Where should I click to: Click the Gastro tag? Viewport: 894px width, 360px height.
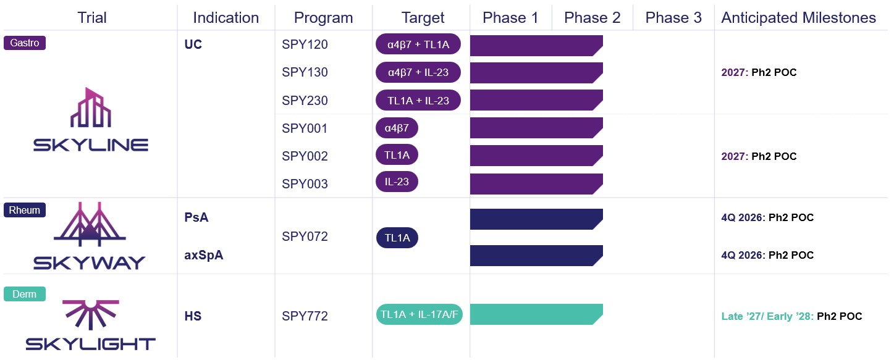[25, 43]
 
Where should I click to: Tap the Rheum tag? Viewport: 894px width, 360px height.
[25, 210]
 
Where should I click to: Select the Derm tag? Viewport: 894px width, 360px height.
[25, 294]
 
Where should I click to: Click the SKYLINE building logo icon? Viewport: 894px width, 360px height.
[91, 107]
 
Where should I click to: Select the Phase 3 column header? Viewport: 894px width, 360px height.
[673, 17]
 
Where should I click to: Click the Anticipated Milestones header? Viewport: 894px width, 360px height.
[798, 17]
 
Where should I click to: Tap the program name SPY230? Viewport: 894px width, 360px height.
[305, 101]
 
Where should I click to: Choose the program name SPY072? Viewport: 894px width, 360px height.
[305, 237]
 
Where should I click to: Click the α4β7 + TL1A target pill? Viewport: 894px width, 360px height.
[418, 44]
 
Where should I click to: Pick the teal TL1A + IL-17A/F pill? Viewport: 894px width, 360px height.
[420, 314]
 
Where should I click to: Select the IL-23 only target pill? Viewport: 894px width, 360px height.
[397, 182]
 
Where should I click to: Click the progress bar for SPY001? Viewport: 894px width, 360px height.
[536, 128]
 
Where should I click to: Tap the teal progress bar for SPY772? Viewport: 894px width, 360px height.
[536, 314]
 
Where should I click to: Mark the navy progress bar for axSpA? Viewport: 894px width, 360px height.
[536, 256]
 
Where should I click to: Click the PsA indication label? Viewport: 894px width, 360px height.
[196, 217]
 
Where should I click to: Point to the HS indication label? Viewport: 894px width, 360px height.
[193, 316]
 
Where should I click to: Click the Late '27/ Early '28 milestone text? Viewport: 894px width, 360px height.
[767, 316]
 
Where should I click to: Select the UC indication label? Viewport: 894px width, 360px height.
[193, 44]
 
